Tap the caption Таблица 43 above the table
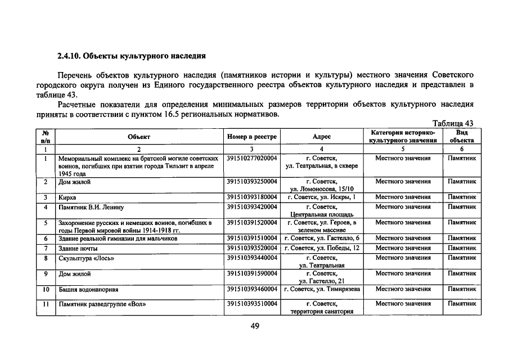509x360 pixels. click(x=453, y=124)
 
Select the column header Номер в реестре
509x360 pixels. click(x=252, y=136)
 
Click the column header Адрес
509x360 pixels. click(x=322, y=136)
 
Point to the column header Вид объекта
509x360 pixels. click(x=461, y=136)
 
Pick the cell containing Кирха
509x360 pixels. click(x=67, y=198)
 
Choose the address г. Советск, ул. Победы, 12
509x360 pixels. click(x=322, y=248)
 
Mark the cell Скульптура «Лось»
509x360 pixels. click(x=86, y=258)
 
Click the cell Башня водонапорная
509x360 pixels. click(x=88, y=289)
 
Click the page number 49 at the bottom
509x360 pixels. click(x=254, y=326)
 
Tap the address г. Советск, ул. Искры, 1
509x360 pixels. click(x=322, y=198)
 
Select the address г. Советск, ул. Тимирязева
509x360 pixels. click(x=322, y=289)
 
